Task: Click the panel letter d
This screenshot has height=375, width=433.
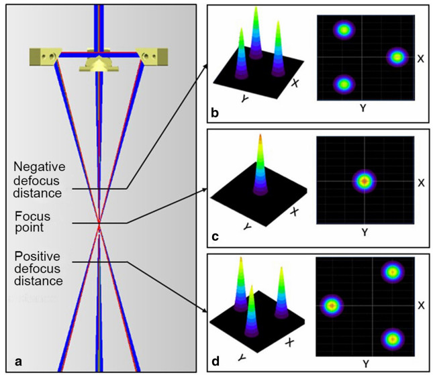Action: pos(215,362)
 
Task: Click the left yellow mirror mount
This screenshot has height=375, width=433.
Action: pos(43,56)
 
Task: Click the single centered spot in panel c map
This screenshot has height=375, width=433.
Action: pos(364,181)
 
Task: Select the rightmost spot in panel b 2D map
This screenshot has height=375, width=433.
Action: pos(397,58)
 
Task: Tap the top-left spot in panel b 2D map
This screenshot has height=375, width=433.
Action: pos(344,30)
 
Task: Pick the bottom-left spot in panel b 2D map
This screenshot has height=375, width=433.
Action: pos(344,84)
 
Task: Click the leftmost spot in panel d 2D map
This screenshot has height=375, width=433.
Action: pos(330,305)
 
